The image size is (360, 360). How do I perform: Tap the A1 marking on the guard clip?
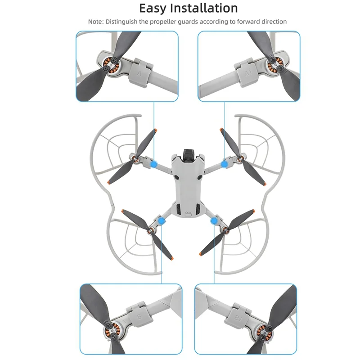(x=247, y=72)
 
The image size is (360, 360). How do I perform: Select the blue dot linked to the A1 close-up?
(x=224, y=165)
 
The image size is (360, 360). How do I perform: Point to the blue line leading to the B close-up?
(x=161, y=256)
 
